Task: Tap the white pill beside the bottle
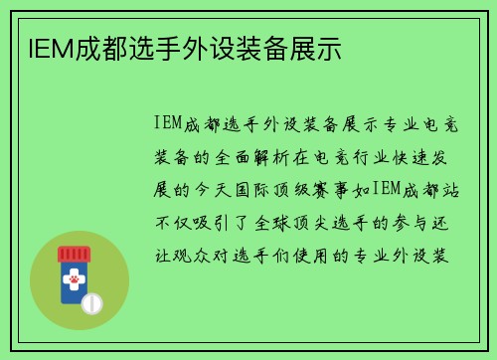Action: coord(90,301)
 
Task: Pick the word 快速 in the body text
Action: coord(408,157)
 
